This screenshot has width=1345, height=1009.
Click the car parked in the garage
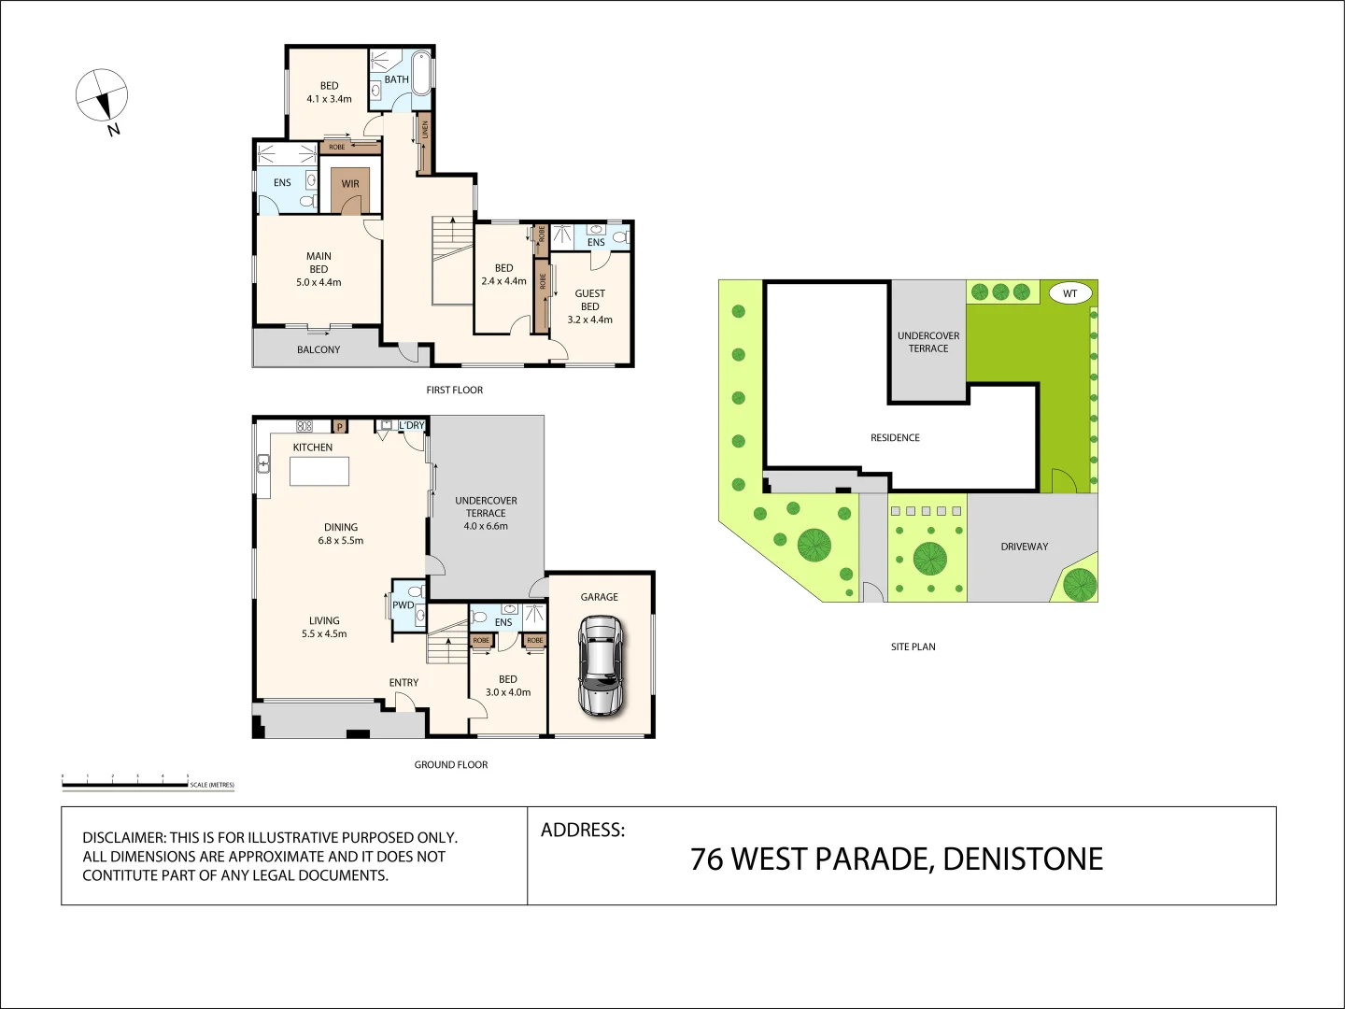tap(600, 665)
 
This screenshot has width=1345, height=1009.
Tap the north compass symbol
tap(101, 95)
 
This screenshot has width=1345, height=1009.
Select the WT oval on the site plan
tap(1069, 293)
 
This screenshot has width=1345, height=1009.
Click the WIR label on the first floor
tap(350, 184)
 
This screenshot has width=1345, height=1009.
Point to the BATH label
tap(396, 79)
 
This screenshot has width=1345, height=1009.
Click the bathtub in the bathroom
tap(421, 73)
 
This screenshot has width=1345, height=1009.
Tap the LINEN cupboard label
tap(425, 130)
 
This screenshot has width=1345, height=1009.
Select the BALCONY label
tap(319, 349)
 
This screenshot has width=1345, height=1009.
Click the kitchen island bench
tap(319, 471)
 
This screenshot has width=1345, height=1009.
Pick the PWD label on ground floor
tap(403, 605)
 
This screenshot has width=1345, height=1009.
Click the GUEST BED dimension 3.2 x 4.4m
tap(589, 320)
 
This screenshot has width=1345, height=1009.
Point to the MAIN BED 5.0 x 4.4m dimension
tap(319, 282)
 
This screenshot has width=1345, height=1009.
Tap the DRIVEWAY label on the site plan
tap(1024, 547)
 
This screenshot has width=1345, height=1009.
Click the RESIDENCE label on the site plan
tap(895, 437)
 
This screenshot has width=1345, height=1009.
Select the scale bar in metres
tap(125, 784)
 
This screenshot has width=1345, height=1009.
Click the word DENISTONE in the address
tap(1023, 860)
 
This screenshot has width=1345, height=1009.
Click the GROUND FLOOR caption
tap(451, 764)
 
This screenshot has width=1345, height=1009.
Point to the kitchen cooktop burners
tap(304, 426)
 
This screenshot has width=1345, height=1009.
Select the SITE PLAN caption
tap(913, 647)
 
